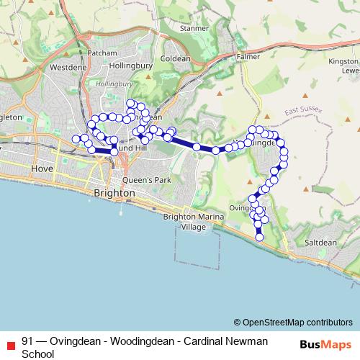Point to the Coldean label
176,59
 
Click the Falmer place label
247,55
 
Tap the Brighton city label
114,194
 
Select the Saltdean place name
320,243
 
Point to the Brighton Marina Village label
189,222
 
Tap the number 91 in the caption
27,341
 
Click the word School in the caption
37,354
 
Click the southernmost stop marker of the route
259,238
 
